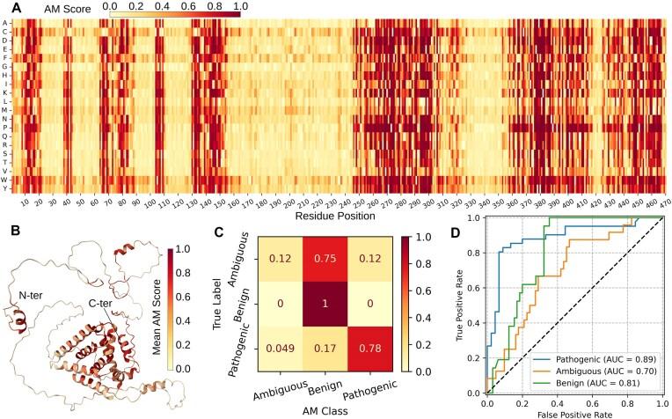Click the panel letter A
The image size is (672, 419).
[x=8, y=7]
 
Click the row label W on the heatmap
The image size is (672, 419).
[x=6, y=180]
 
